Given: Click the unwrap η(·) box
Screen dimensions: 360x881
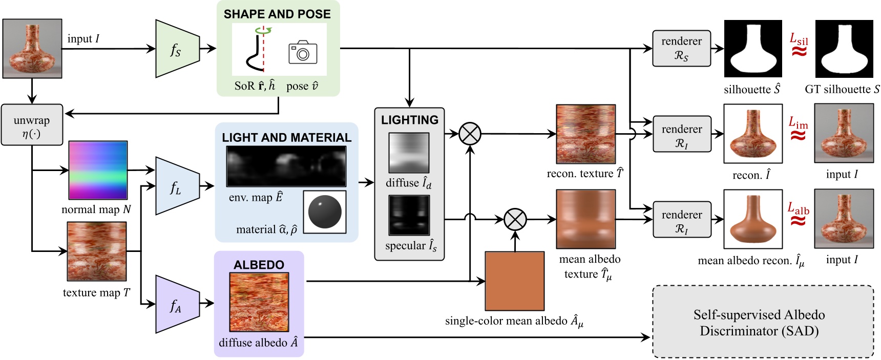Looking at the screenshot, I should pos(32,125).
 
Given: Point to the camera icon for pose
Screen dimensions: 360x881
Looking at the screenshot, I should pos(303,52).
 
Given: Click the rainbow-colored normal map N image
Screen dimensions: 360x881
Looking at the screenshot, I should pos(98,170).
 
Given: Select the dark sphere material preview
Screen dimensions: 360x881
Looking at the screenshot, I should pos(325,212).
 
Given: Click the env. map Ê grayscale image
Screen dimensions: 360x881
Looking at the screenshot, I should pos(286,166).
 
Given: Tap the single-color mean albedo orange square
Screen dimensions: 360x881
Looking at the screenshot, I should pos(514,281).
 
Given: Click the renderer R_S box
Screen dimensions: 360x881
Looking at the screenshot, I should pos(681,48).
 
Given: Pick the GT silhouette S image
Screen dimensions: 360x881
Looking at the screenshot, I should pos(844,49).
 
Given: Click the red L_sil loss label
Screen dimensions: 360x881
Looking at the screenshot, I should pos(798,39).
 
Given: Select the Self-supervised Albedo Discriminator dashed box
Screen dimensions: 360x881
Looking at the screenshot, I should pos(763,322).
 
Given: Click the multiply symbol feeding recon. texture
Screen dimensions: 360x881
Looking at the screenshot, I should pos(470,134).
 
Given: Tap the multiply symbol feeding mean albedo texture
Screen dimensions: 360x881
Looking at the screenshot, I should pos(515,220).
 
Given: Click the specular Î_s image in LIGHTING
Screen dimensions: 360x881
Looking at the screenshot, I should pos(409,215).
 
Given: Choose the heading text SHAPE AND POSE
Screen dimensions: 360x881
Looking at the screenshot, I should pos(277,14).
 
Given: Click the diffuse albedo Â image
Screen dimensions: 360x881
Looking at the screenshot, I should pos(259,302).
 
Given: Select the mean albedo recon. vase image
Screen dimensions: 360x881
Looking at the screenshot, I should pos(752,219).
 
